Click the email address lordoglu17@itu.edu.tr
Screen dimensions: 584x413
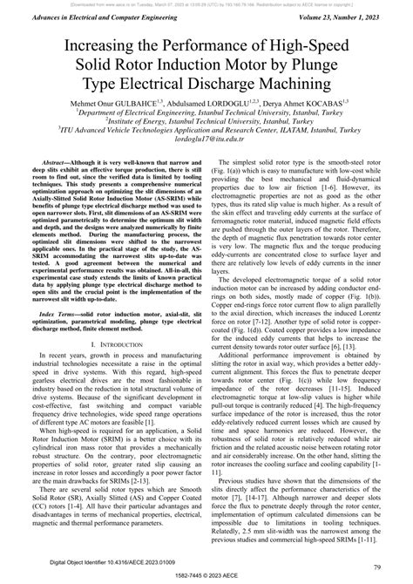(206, 147)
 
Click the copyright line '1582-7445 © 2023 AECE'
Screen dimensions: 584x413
(206, 577)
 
